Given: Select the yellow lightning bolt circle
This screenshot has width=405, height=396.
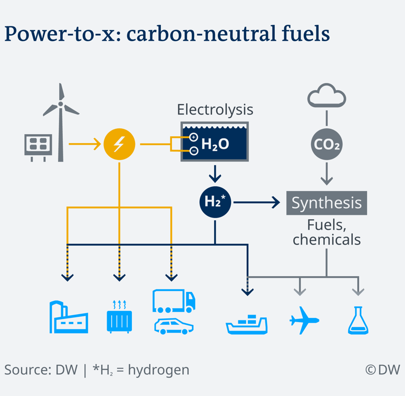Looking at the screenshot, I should coord(119,144).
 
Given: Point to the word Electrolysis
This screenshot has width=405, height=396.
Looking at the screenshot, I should coord(215,110).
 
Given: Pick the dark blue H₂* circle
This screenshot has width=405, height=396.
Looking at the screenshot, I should coord(215,202).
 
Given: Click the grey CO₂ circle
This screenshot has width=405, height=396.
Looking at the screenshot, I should coord(326,144).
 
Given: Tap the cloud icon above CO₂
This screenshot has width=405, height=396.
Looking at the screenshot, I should coord(326,96).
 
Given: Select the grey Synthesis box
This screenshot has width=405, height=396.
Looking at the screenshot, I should coord(326,203).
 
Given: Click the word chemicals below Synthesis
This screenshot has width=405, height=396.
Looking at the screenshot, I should coord(326,240).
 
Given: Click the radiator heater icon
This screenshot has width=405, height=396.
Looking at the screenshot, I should coord(119,317).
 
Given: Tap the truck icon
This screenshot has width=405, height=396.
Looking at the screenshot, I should coord(173,300).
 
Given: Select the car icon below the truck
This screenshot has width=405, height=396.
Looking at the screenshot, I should coord(173,326).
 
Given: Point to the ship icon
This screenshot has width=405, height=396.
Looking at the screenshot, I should coord(246,324).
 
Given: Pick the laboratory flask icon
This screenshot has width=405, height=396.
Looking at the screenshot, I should coord(358,320).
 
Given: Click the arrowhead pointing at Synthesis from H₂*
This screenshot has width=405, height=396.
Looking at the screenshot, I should coord(276,202).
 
